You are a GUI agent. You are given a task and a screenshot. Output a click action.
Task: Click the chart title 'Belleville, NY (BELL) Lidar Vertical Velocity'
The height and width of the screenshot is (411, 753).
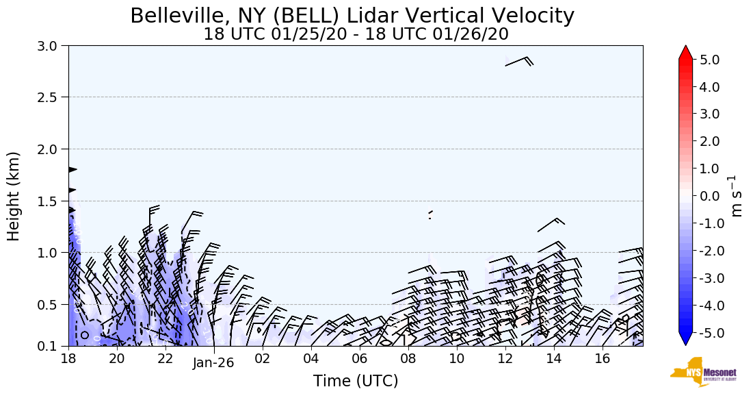352,15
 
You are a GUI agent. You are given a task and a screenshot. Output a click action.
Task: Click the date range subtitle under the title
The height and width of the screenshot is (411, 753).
356,34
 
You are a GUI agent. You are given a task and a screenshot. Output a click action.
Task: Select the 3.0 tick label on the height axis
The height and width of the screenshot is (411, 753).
51,46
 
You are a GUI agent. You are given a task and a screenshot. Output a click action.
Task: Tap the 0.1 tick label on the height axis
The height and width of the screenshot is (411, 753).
51,346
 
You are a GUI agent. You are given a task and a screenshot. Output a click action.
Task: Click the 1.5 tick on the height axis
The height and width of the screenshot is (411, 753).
51,201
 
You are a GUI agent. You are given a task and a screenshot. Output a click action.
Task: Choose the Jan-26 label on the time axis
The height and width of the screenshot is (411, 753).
213,363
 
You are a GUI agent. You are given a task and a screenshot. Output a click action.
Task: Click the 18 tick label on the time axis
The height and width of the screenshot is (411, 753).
68,359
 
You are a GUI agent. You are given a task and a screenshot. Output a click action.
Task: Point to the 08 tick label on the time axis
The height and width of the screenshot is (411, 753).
408,359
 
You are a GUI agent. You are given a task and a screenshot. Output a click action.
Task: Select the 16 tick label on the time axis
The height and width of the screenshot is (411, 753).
603,359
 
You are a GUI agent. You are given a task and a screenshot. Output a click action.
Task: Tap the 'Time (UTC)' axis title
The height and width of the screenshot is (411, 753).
356,381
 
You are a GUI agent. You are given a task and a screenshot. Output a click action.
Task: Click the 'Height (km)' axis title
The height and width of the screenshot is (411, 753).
14,196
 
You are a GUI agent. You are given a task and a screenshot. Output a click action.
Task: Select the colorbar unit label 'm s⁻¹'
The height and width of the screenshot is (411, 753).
737,196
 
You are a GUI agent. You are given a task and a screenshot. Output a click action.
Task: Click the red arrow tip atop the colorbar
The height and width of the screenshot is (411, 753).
686,51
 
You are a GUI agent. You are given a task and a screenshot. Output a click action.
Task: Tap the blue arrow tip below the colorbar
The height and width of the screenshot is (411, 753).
686,340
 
